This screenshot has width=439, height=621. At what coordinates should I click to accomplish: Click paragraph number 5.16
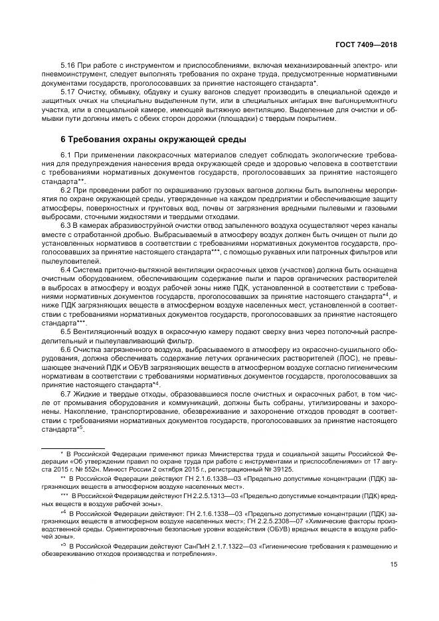(67, 66)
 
